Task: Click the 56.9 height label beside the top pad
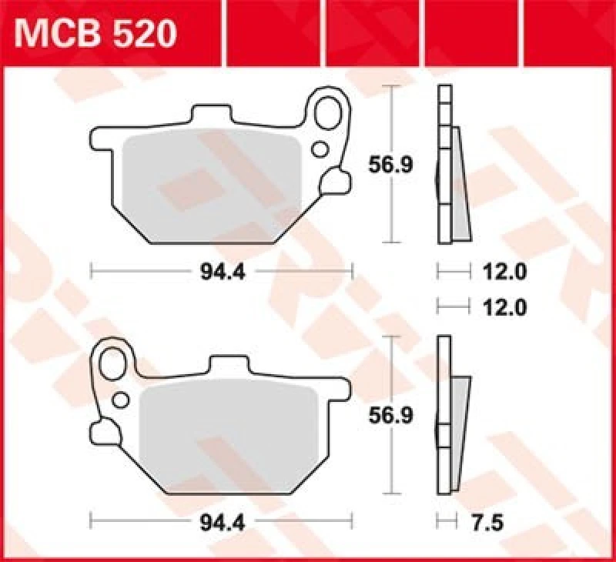point(382,164)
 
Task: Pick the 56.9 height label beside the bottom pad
point(382,416)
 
